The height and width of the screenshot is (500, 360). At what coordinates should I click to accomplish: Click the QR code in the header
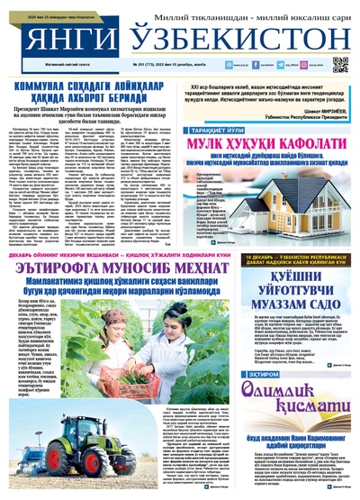[x=339, y=64]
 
